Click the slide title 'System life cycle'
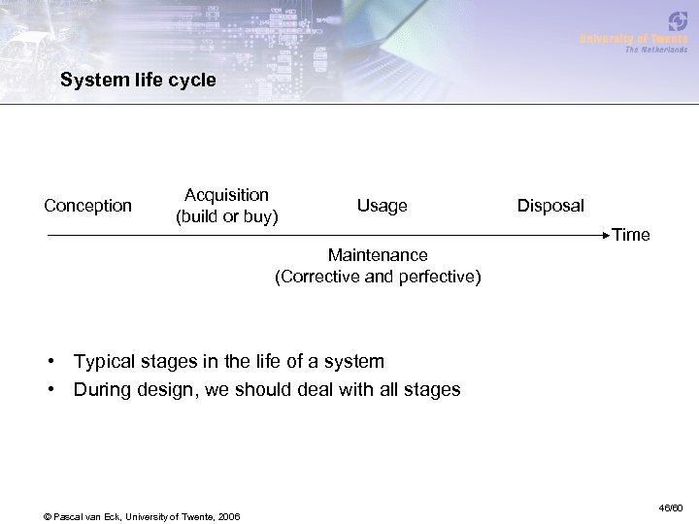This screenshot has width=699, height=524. tap(138, 81)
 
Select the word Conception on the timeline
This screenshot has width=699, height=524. tap(88, 206)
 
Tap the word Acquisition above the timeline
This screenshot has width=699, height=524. tap(226, 196)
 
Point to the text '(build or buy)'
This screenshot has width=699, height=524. tap(226, 215)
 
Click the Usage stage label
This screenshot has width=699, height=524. tap(382, 206)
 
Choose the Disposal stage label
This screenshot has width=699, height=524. tap(550, 206)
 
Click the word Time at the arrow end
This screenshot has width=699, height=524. tap(631, 235)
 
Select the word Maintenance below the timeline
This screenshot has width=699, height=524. tap(378, 255)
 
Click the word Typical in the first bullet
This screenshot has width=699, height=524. tap(106, 362)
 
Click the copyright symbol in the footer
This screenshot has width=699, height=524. tap(47, 514)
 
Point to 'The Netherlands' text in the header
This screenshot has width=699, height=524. tap(655, 49)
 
